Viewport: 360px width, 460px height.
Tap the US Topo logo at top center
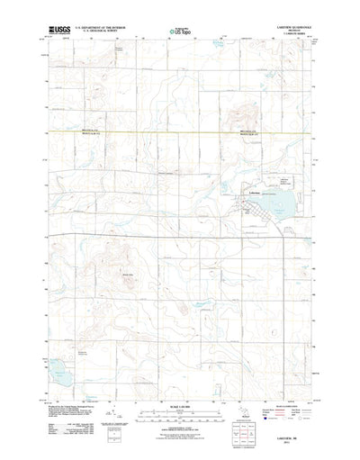tap(180, 32)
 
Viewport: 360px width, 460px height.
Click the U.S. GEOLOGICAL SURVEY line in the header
tap(95, 32)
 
